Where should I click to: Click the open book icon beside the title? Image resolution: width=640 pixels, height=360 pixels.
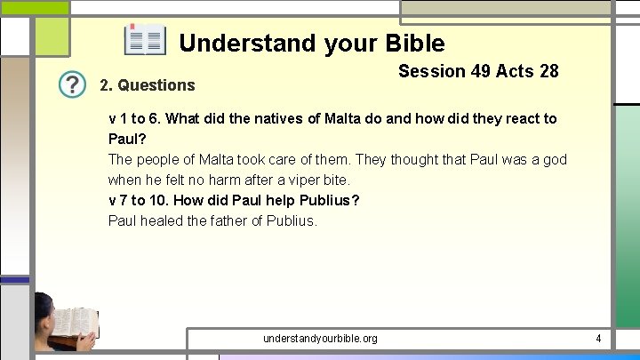145,40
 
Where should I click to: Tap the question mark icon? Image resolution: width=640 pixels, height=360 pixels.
73,84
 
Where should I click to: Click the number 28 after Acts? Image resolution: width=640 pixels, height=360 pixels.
548,71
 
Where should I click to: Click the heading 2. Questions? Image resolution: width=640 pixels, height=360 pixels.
147,85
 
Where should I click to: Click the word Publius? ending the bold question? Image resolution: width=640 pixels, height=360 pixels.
328,201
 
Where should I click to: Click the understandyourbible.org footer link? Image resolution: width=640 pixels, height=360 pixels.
320,339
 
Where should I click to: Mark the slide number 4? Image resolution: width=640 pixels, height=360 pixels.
598,339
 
